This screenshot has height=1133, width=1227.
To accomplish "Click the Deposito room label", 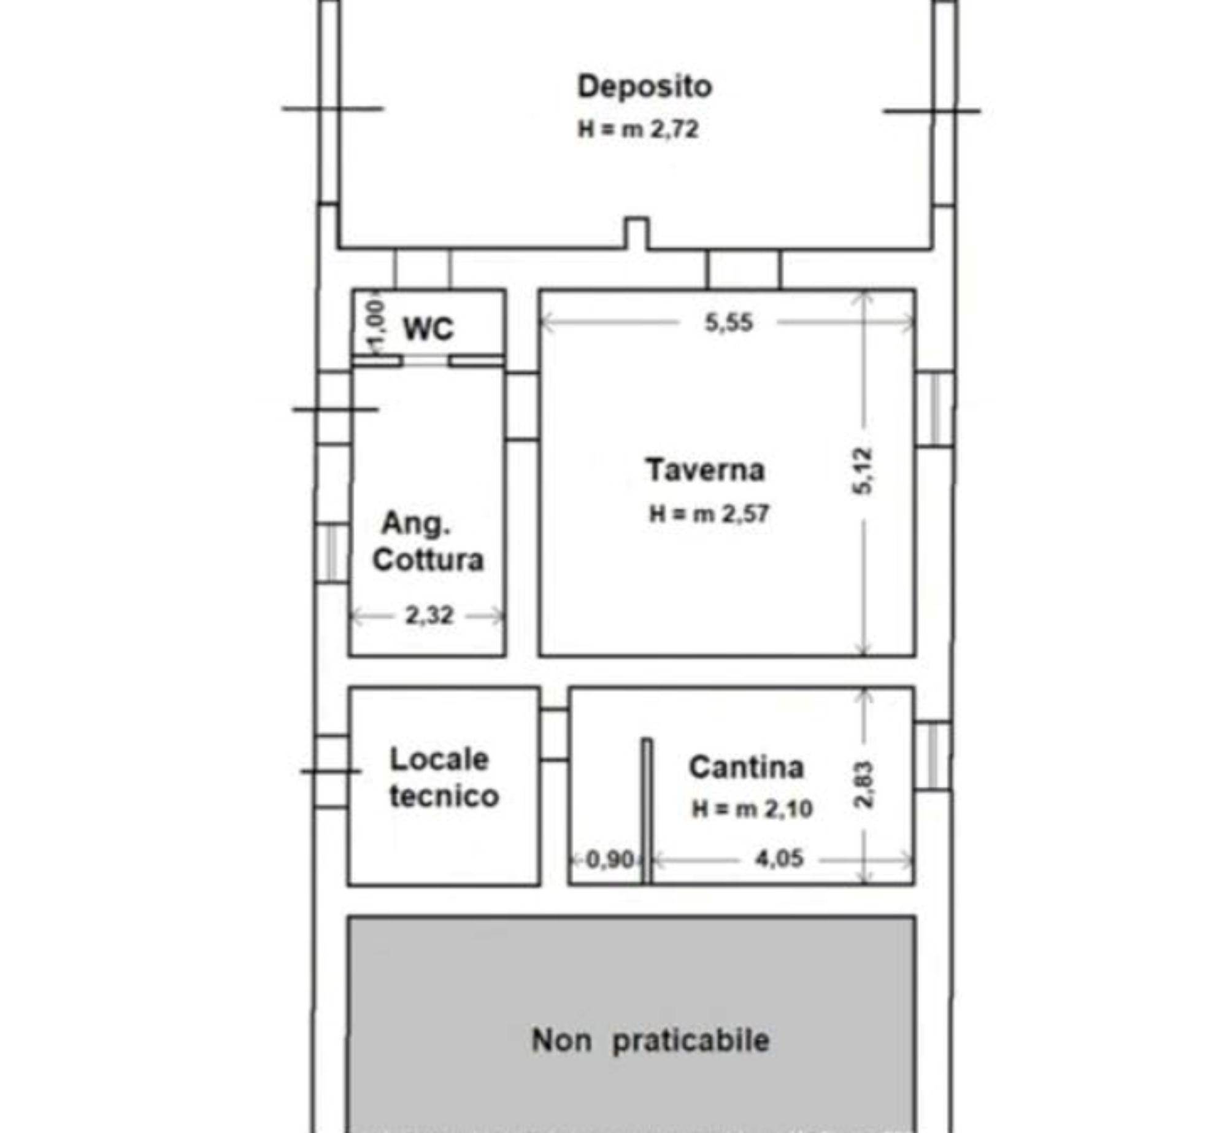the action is [644, 87].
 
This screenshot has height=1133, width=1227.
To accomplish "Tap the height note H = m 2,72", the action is [638, 130].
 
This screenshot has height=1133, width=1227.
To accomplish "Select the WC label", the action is [428, 329].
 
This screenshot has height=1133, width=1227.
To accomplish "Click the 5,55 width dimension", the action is [729, 323].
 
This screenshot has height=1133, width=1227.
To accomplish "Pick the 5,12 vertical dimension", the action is [862, 471].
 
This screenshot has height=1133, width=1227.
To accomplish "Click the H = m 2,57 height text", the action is [709, 514].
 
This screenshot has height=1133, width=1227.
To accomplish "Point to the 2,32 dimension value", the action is [429, 615].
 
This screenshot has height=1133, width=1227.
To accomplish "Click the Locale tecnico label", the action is [444, 778].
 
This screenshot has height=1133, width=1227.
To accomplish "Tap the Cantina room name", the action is [747, 767].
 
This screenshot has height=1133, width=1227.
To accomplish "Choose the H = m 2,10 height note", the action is [752, 809].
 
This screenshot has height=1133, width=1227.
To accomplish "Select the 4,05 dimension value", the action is [779, 858].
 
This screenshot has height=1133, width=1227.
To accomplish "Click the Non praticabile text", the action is [650, 1041].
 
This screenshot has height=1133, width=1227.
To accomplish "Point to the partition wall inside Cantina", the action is [647, 811].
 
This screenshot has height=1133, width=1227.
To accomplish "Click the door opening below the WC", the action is [426, 361].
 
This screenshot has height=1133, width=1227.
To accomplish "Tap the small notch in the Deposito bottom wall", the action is [637, 233].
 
